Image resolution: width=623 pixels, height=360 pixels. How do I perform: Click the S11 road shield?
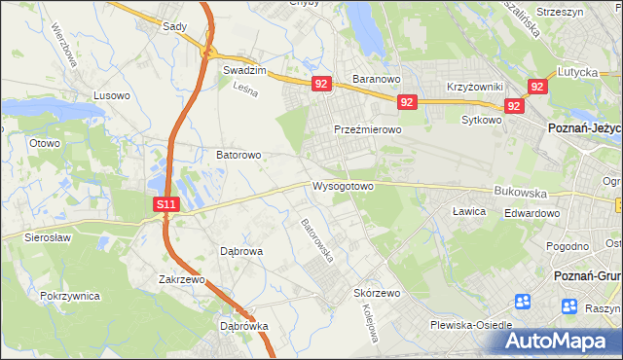click(x=166, y=204)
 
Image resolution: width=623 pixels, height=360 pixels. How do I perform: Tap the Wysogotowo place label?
click(x=344, y=185)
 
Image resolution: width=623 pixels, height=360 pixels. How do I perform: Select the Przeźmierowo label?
click(x=367, y=129)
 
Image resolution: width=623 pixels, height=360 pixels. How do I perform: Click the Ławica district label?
click(x=469, y=210)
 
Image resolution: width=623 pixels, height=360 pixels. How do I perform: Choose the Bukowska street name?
click(x=521, y=193)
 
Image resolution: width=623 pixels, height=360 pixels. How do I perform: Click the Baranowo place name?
click(x=377, y=77)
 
